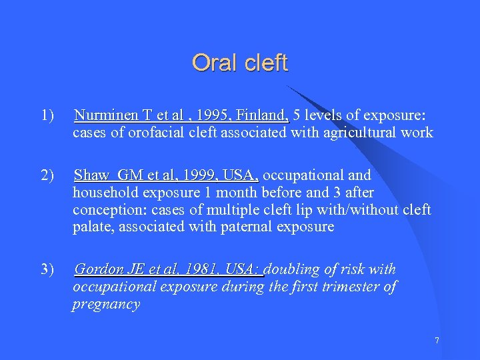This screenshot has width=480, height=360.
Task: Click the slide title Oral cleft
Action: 240,63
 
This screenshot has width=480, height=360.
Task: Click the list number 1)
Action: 47,115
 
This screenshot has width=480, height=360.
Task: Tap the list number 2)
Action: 47,175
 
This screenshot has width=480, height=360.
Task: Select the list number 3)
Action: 47,269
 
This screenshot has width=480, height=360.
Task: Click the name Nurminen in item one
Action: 103,115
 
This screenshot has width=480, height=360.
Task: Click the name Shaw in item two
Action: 91,175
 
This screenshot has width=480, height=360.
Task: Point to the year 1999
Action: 201,175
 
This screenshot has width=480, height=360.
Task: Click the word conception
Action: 105,210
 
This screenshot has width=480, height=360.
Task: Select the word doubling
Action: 294,269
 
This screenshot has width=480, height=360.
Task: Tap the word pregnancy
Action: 106,305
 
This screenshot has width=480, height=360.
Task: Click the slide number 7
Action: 437,341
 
